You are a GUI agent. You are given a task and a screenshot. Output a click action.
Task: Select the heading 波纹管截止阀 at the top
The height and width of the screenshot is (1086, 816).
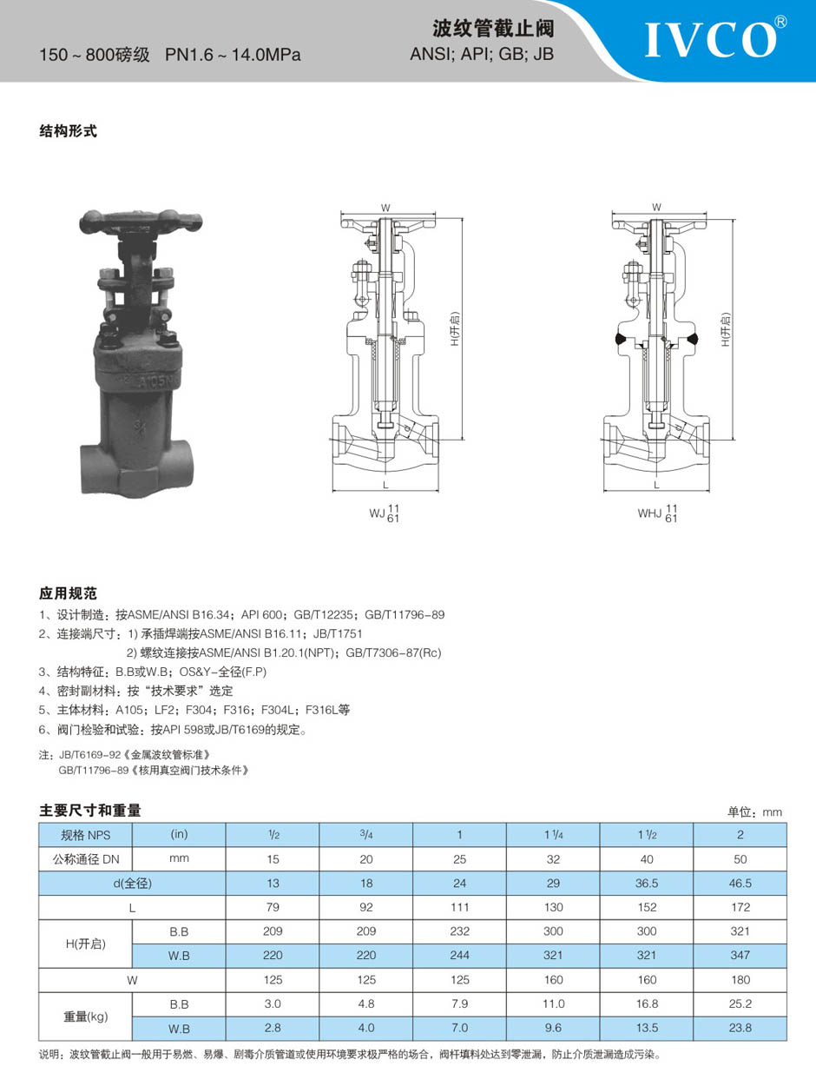(493, 28)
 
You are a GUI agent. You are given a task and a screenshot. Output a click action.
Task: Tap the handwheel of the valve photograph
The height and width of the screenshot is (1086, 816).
(141, 222)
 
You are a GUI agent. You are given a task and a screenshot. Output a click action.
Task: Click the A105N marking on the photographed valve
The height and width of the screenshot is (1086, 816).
(157, 382)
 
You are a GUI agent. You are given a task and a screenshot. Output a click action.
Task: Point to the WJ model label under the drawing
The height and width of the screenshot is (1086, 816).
(384, 513)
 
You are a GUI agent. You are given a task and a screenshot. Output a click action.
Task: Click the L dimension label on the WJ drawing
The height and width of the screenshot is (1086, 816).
(385, 485)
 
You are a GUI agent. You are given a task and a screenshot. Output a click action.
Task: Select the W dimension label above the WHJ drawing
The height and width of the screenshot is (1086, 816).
(656, 207)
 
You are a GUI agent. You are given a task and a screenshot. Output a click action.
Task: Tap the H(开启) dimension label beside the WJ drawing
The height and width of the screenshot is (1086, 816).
(455, 328)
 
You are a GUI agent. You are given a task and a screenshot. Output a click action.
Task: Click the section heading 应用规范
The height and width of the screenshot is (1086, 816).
(69, 593)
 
